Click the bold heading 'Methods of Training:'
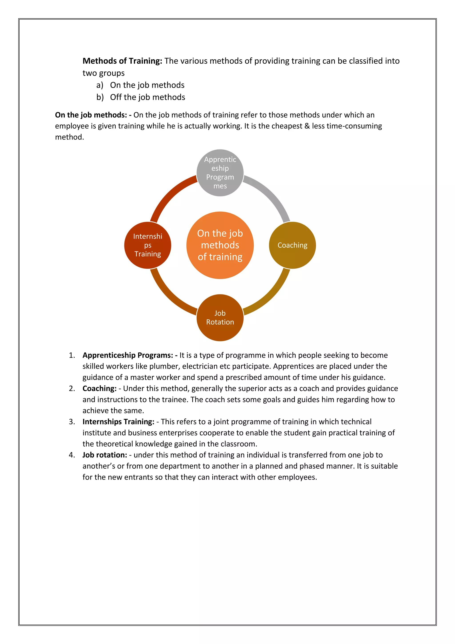tap(122, 61)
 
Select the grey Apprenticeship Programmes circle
tap(220, 173)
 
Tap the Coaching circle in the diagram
tap(292, 245)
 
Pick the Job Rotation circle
tap(220, 318)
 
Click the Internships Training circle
tap(148, 245)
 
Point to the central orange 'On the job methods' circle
tap(220, 245)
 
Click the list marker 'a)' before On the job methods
tap(100, 85)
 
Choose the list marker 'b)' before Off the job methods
tap(100, 97)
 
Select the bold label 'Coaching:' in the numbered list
tap(100, 388)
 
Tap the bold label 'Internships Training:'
tap(118, 422)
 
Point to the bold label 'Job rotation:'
tap(104, 455)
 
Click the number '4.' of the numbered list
tap(72, 455)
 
